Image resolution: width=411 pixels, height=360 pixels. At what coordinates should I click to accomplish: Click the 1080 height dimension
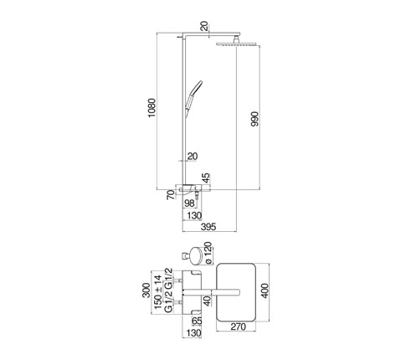[152, 108]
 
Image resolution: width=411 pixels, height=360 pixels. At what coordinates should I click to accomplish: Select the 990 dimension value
[254, 119]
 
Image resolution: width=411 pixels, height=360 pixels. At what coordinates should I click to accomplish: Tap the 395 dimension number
[208, 227]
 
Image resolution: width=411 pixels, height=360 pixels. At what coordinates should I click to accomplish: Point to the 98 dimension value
[189, 203]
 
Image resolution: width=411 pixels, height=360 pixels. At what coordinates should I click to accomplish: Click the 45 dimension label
[206, 178]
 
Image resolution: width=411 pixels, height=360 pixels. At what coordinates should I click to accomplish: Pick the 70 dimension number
[171, 194]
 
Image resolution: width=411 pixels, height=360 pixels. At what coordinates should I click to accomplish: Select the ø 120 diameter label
[208, 253]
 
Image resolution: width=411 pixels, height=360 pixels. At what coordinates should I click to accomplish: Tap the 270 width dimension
[238, 327]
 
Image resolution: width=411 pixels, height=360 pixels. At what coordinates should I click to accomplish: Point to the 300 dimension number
[146, 291]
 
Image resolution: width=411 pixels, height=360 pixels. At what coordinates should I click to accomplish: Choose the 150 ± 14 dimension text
[157, 292]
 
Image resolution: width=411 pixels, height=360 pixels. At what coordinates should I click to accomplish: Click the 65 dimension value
[197, 321]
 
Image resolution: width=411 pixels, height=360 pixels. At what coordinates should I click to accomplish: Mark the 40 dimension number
[207, 301]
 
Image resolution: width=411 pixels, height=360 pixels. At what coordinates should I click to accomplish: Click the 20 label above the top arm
[204, 26]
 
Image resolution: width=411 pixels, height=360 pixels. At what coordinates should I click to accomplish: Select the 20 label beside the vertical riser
[193, 157]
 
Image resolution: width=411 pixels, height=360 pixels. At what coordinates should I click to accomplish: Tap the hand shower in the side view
[193, 96]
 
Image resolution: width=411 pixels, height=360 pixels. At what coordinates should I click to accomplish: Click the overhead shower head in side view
[236, 44]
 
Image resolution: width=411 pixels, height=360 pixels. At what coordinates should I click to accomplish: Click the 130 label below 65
[193, 333]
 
